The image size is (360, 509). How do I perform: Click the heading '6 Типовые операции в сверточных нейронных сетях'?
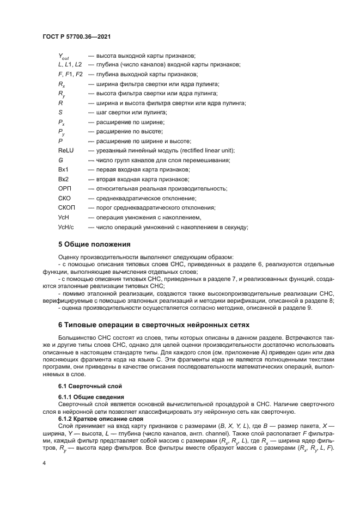click(x=154, y=325)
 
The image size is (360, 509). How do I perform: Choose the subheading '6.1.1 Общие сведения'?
click(x=91, y=397)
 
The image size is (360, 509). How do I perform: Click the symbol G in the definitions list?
click(x=60, y=160)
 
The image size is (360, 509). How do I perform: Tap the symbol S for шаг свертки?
click(x=60, y=112)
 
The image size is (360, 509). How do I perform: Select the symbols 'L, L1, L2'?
click(x=70, y=64)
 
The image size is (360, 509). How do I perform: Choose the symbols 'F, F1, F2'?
click(x=70, y=73)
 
